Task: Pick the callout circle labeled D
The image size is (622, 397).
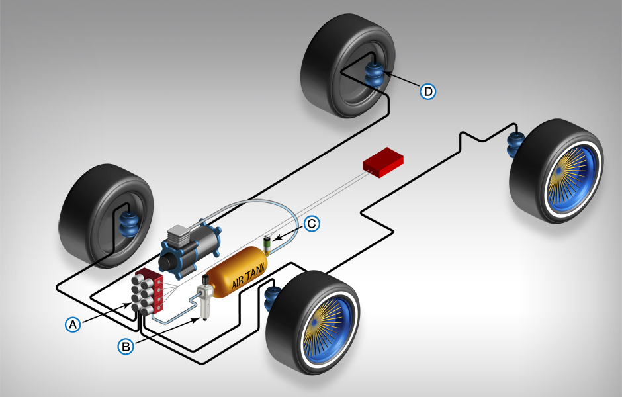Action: (428, 91)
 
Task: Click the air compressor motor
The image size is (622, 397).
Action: (196, 248)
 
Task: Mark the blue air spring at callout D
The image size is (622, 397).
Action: (374, 76)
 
